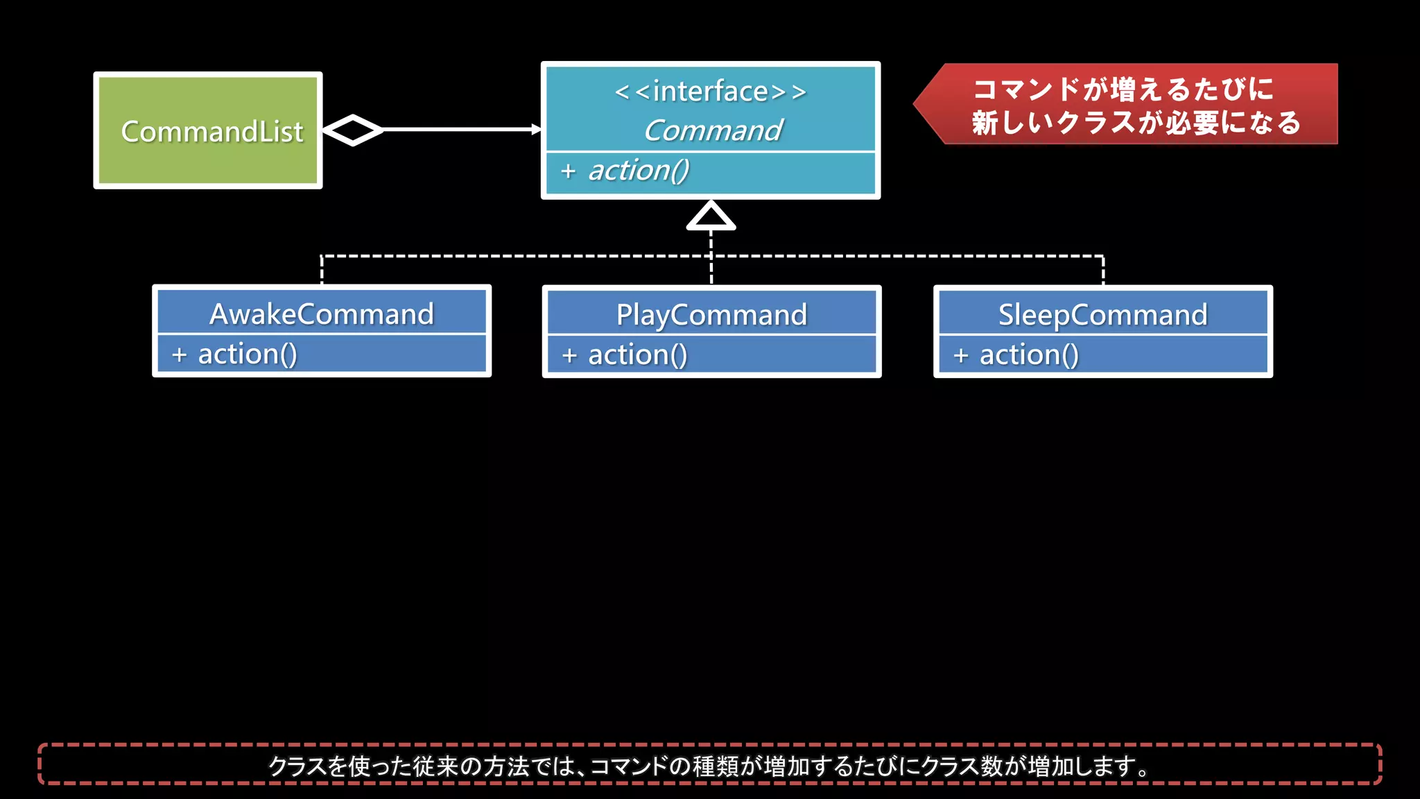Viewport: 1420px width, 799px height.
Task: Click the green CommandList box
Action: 208,130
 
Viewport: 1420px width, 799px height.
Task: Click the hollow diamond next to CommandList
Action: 353,130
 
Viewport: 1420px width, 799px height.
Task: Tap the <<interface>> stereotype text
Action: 711,91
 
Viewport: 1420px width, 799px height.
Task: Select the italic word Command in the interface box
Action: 713,130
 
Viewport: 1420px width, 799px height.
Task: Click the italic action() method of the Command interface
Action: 639,171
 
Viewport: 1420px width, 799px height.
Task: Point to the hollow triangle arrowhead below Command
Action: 711,216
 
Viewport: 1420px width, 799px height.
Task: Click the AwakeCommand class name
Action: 322,314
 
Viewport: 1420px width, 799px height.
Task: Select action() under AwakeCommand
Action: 248,354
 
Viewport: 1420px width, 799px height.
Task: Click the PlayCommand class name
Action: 711,315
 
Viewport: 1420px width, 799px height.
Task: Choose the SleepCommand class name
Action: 1102,315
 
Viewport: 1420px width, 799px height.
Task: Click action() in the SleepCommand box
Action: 1029,355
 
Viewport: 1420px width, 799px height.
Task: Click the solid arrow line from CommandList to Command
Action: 458,130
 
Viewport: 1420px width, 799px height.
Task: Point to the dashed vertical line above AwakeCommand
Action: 322,270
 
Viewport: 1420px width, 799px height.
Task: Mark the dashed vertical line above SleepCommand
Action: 1102,270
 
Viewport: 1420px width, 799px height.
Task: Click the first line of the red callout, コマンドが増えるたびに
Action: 1123,89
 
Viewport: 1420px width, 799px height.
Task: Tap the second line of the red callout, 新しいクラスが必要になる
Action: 1136,123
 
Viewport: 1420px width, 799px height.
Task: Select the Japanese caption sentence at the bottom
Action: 709,766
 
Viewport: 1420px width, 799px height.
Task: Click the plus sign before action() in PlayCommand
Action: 569,356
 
